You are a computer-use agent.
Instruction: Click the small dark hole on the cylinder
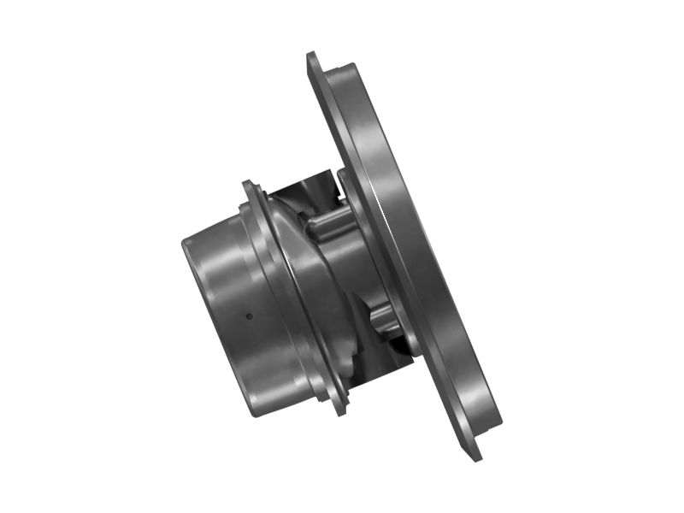click(249, 315)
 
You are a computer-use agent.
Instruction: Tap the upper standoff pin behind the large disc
click(330, 223)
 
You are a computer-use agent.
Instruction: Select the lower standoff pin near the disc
click(386, 317)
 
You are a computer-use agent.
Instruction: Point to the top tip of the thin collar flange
click(247, 185)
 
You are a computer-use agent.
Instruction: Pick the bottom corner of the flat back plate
click(476, 457)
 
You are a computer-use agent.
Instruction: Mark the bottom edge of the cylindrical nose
click(256, 410)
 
